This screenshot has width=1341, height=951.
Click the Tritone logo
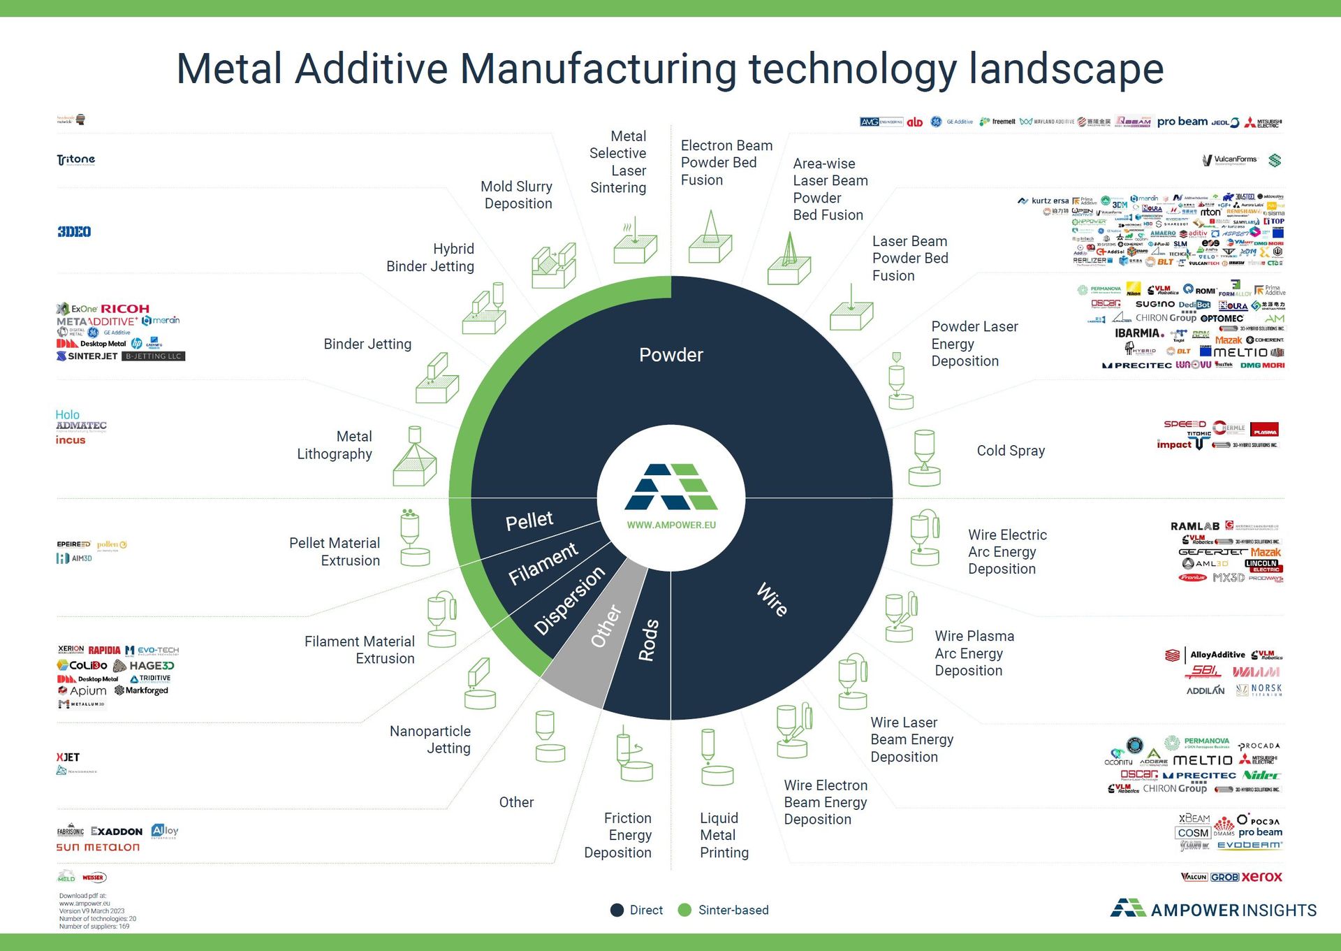75,160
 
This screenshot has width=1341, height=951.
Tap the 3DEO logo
74,231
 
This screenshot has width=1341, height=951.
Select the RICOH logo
124,308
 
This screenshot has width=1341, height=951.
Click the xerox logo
1262,876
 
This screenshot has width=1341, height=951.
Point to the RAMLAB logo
1194,526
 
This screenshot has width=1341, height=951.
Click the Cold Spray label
1011,451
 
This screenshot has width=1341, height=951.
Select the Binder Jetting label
367,344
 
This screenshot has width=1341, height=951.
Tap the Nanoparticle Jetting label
430,739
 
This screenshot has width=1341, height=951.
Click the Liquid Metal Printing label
724,835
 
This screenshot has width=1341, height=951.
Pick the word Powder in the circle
671,355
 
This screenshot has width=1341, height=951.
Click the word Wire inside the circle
772,599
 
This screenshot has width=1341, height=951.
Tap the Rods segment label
647,639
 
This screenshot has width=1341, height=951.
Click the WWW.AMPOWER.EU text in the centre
671,525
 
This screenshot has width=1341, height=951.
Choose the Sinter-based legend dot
684,910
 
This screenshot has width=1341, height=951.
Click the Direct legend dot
617,910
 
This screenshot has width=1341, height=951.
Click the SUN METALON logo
98,847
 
